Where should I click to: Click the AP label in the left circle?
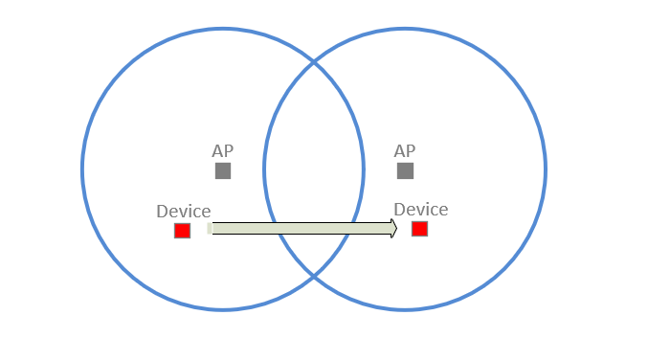222,151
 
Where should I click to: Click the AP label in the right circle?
405,151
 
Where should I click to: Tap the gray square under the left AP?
223,170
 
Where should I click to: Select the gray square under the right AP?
405,170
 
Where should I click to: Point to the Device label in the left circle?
183,211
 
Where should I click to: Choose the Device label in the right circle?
420,210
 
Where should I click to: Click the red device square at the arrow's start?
182,230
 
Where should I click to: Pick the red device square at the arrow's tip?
419,229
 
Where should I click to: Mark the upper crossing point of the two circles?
314,62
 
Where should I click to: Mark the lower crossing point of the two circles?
314,277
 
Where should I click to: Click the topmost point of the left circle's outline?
223,29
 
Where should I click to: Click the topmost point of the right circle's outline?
405,29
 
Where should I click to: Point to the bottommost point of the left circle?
223,310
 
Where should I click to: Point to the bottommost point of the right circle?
405,310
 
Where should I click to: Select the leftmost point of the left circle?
82,169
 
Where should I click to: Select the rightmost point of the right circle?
546,169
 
